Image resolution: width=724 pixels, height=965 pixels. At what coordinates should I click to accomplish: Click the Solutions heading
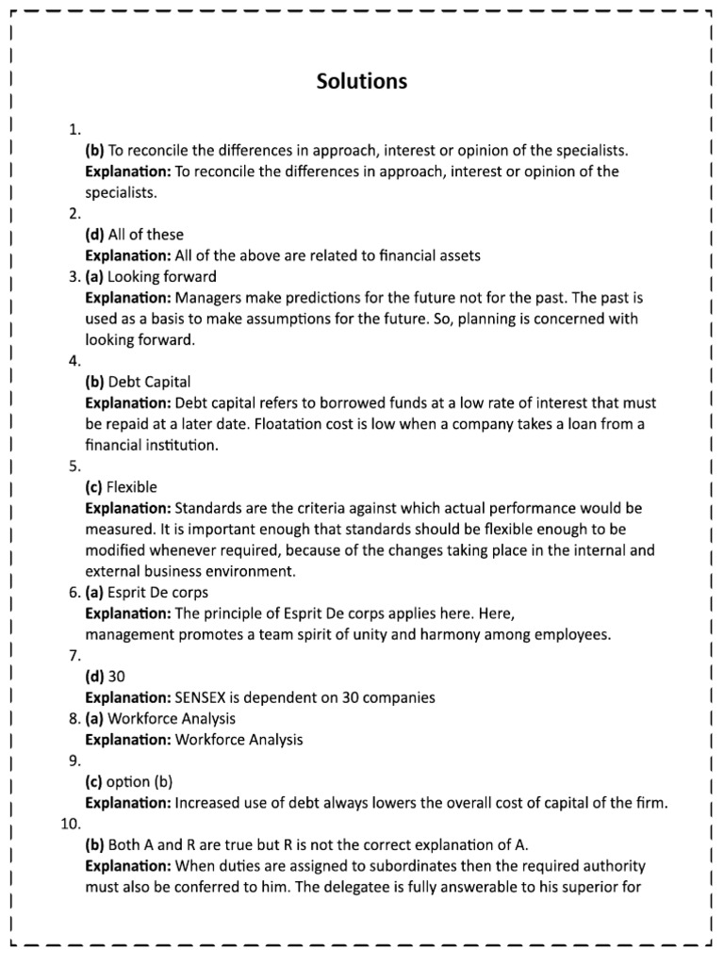click(362, 81)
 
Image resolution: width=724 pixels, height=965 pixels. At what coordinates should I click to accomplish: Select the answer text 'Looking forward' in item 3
click(162, 276)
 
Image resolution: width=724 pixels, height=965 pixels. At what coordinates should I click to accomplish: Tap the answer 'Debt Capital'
click(149, 382)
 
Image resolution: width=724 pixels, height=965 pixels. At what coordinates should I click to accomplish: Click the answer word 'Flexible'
click(132, 487)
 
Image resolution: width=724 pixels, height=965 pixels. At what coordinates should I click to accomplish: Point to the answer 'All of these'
click(146, 235)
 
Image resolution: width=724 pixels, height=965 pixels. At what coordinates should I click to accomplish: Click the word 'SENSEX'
click(203, 698)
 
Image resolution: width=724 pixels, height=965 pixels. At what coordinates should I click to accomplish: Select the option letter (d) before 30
click(95, 677)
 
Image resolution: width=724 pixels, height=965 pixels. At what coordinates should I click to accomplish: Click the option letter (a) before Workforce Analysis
click(94, 719)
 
